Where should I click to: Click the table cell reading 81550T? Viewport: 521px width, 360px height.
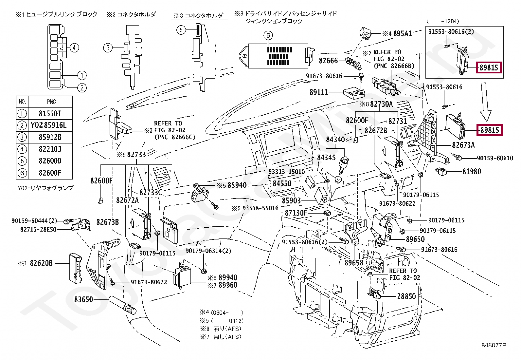click(x=50, y=113)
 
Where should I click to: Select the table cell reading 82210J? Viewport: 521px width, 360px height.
click(x=50, y=149)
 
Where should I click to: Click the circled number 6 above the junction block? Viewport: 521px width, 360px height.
click(x=268, y=35)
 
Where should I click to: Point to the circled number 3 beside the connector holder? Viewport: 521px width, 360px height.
click(x=108, y=48)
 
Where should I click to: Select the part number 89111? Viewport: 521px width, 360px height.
click(x=319, y=92)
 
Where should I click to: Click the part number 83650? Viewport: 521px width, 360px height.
click(x=83, y=299)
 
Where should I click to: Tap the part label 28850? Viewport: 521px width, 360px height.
click(x=406, y=296)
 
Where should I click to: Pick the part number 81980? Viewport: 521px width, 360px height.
click(x=472, y=172)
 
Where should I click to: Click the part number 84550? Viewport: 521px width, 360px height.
click(x=282, y=183)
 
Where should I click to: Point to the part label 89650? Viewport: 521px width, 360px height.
click(x=415, y=239)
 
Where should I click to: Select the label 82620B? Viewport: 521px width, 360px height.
click(x=41, y=263)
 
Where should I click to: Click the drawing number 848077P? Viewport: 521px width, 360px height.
click(x=494, y=345)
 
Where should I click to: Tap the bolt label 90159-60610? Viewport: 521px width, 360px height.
click(x=495, y=158)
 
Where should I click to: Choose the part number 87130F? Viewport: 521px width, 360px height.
click(x=296, y=213)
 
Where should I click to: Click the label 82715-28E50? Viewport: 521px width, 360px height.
click(x=38, y=230)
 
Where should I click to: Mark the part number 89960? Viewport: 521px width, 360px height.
click(x=228, y=285)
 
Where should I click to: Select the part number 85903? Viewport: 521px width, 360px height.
click(x=291, y=201)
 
